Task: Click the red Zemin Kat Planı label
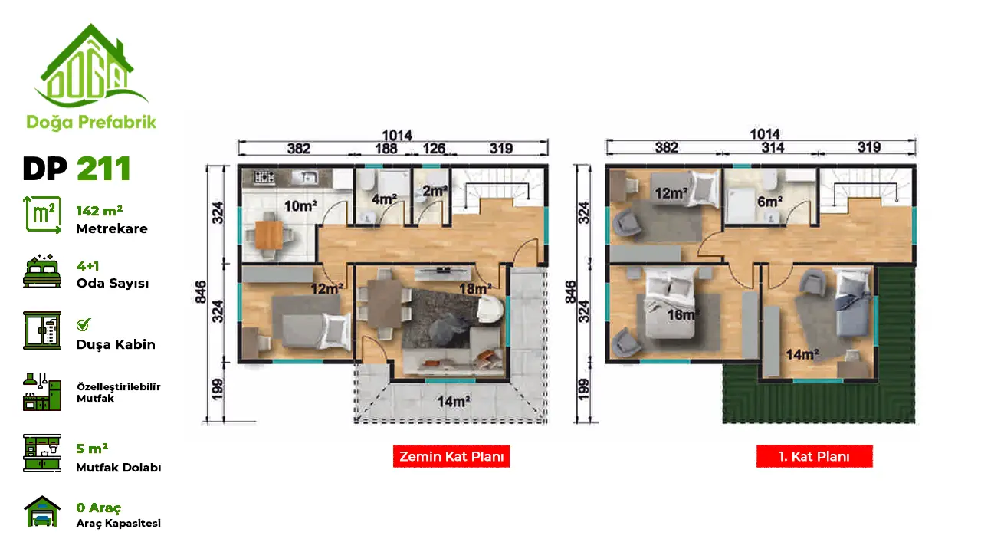tap(451, 456)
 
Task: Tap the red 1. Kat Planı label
tap(814, 456)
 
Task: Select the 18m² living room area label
tap(475, 289)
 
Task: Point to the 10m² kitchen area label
tap(300, 205)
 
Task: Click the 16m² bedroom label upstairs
tap(683, 314)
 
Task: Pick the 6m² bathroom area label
tap(770, 202)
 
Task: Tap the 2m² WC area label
tap(435, 191)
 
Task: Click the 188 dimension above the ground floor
tap(386, 149)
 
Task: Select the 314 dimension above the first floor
tap(773, 148)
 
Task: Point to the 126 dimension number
tap(434, 149)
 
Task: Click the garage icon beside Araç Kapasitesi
tap(42, 511)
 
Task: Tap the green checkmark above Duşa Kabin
tap(84, 324)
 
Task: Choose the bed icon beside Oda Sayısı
tap(42, 271)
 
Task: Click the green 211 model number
tap(103, 169)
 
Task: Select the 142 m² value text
tap(100, 211)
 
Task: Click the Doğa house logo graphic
tap(91, 65)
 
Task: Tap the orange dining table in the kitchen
tap(269, 235)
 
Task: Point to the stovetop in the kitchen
tap(264, 177)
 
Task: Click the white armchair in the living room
tap(490, 309)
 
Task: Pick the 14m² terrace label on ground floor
tap(454, 401)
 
